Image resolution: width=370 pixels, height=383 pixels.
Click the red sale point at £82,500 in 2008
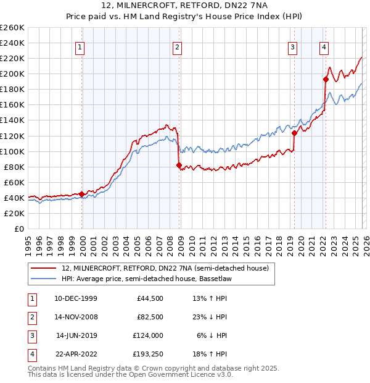click(179, 165)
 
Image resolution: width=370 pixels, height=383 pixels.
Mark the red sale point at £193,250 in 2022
click(325, 78)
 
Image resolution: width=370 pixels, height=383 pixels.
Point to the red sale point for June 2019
click(294, 133)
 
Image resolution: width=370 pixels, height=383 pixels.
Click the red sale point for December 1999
click(82, 194)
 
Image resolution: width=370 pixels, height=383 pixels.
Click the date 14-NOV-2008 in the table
click(75, 318)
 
